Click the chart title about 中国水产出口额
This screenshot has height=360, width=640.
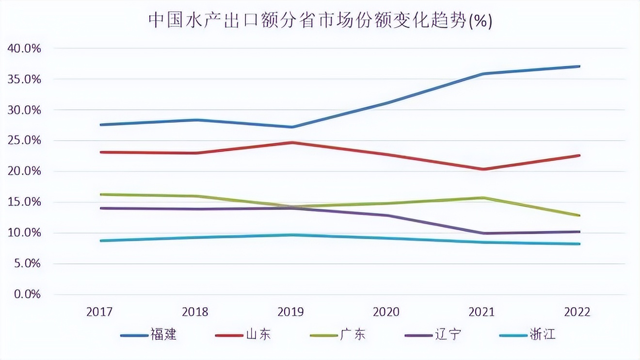click(x=320, y=21)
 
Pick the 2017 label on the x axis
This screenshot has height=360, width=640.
click(x=100, y=312)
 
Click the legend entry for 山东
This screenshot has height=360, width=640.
click(x=242, y=335)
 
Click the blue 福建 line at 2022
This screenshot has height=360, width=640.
click(x=579, y=66)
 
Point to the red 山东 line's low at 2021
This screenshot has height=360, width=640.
click(x=483, y=169)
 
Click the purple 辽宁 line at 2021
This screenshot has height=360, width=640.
click(x=483, y=233)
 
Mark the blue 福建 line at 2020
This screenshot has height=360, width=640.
click(x=388, y=103)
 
